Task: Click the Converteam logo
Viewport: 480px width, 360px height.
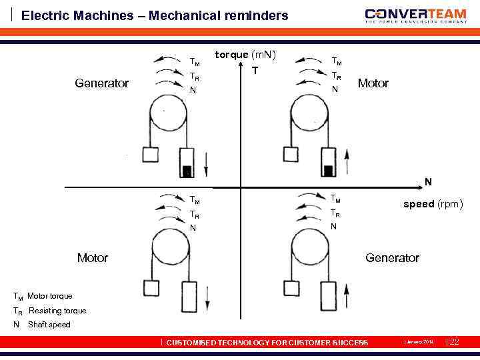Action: click(415, 15)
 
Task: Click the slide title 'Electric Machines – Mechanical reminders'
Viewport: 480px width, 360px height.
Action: click(155, 15)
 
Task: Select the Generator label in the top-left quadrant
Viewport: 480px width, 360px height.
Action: click(101, 83)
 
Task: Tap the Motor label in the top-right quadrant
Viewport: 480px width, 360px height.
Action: click(373, 83)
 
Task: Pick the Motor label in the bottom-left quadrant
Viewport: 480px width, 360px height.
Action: click(92, 257)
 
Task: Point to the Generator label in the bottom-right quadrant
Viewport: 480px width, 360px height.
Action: click(392, 257)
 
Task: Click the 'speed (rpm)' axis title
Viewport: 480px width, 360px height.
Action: click(433, 204)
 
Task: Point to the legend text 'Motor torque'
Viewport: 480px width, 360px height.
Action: click(49, 296)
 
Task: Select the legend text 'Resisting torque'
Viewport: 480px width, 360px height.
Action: click(57, 311)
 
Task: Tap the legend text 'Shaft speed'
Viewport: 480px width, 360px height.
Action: click(49, 325)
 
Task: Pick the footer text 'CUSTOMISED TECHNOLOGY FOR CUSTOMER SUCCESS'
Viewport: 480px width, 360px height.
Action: click(267, 343)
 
